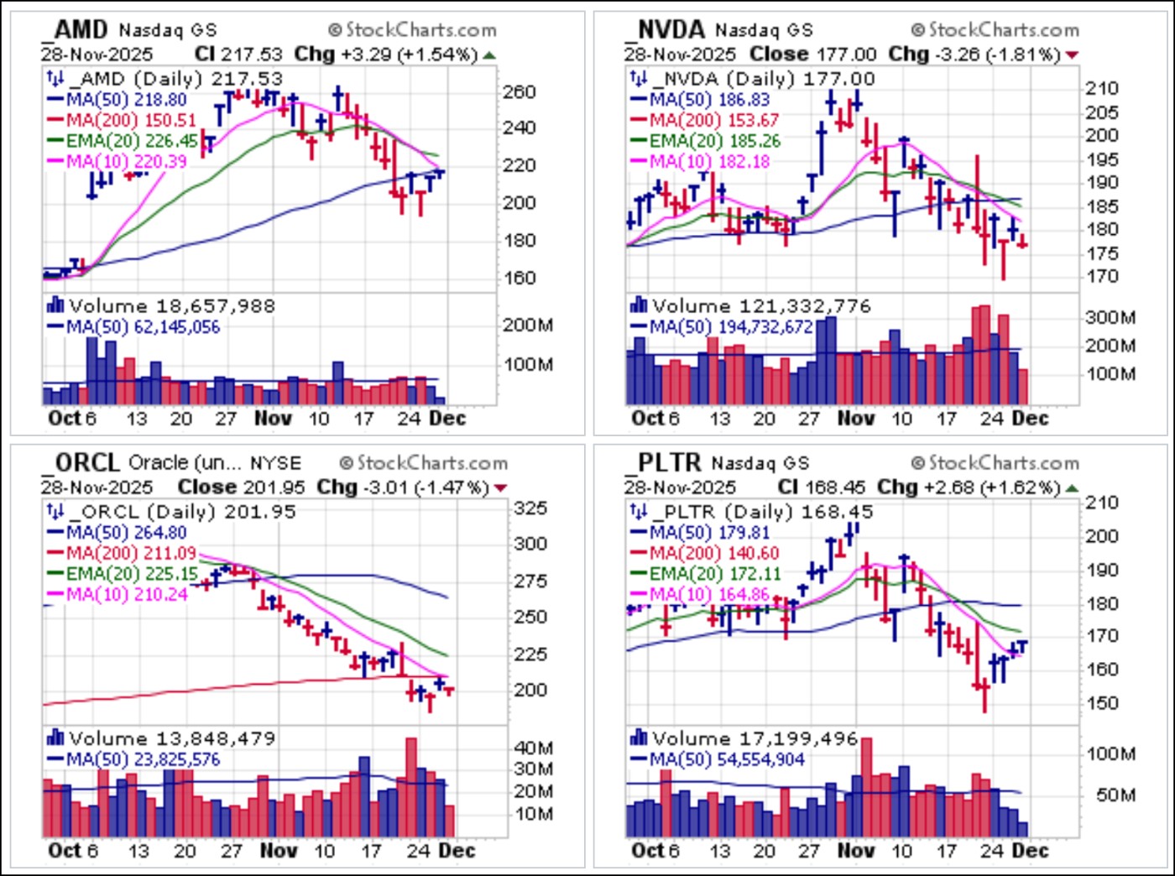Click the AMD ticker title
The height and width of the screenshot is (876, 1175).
(x=77, y=29)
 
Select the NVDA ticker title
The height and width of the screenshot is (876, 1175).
(x=666, y=29)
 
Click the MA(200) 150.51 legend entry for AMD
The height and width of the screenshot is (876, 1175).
(x=130, y=120)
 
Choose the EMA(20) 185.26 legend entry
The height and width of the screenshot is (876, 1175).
(x=714, y=141)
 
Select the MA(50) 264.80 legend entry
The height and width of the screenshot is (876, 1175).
(x=126, y=532)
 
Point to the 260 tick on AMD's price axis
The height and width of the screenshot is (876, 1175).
(x=519, y=91)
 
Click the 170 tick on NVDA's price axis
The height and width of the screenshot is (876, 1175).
(x=1101, y=276)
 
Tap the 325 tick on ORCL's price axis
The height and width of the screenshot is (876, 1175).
(x=530, y=508)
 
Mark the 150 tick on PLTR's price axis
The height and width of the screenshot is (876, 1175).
(x=1101, y=703)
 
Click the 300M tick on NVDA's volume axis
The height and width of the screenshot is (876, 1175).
(x=1110, y=317)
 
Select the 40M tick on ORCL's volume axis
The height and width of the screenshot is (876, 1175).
(x=534, y=748)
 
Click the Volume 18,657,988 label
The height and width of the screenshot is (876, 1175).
(x=172, y=306)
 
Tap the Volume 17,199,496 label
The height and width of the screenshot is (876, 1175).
(x=755, y=739)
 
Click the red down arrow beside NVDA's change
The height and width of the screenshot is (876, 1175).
(x=1072, y=55)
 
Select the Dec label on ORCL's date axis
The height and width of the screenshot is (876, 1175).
(x=457, y=851)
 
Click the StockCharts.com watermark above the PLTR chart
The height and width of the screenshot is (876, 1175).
(x=995, y=462)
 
